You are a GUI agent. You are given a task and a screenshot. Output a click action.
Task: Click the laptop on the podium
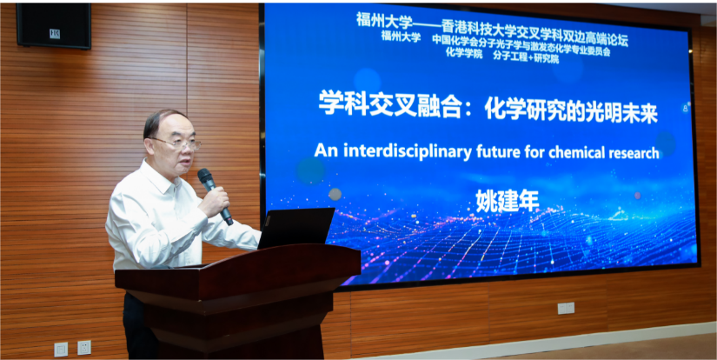coord(295,228)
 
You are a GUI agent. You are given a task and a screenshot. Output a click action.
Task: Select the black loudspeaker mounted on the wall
coord(54,26)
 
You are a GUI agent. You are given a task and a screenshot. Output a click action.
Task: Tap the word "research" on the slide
coord(625,152)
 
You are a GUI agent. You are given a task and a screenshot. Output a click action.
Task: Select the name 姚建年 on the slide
coord(508,201)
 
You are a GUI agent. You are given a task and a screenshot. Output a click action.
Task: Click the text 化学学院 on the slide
coord(466,51)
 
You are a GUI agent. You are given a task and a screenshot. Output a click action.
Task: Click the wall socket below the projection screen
coord(566,308)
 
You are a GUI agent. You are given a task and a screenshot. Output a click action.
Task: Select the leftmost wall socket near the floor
coord(61,349)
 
